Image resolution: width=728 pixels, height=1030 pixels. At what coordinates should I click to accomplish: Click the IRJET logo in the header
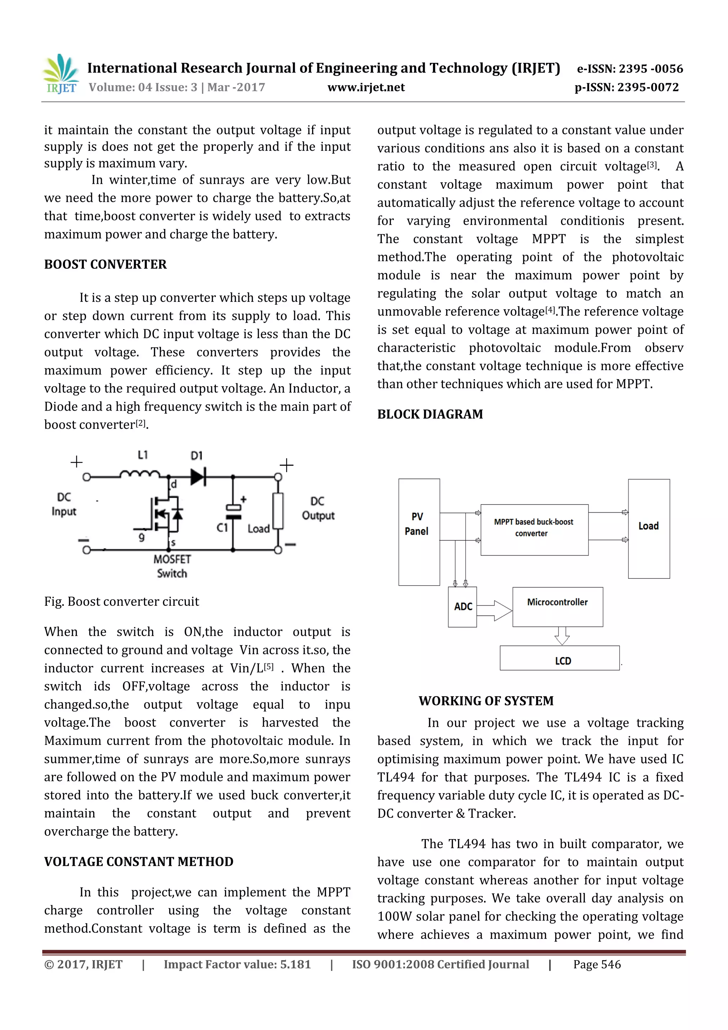pos(60,74)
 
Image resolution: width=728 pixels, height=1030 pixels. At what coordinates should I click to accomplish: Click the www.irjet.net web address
pos(366,87)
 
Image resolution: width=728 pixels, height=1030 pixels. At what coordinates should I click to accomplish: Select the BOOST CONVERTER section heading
pos(106,264)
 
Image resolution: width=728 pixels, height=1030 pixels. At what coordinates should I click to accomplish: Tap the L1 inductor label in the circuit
pos(143,455)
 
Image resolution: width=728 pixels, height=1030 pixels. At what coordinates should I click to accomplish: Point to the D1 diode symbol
pos(198,476)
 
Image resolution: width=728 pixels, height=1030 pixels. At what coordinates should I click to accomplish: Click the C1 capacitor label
pos(223,528)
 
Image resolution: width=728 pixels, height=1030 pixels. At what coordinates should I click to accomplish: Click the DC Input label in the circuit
pos(64,504)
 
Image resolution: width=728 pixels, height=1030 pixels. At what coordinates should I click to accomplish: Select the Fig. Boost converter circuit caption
pos(122,602)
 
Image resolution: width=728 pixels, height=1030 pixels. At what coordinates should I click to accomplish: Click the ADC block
pos(462,607)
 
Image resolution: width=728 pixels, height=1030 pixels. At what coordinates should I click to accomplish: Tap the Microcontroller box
pos(557,607)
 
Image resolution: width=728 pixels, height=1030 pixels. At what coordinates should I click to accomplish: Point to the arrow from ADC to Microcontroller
pos(494,610)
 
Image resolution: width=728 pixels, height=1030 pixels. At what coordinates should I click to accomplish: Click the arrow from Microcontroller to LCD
pos(562,636)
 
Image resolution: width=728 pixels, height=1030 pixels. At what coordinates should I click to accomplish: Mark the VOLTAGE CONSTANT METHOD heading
pos(139,862)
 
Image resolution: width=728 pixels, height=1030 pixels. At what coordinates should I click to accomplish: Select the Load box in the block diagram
pos(649,528)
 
